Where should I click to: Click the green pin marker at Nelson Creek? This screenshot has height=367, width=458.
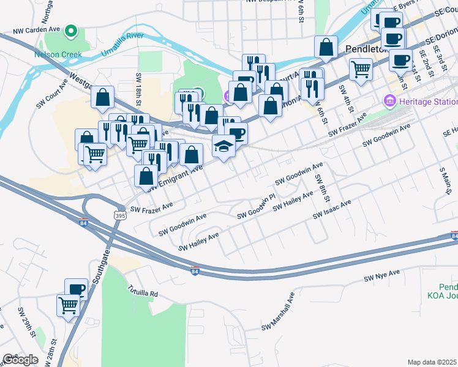72,30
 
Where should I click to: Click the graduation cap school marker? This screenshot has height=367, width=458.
224,146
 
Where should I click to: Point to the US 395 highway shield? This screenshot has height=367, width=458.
119,215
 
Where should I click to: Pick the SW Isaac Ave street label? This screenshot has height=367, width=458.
332,209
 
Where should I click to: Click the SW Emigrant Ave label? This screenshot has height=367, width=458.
175,178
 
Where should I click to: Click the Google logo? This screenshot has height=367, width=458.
20,360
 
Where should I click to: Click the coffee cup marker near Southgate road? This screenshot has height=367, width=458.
77,289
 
